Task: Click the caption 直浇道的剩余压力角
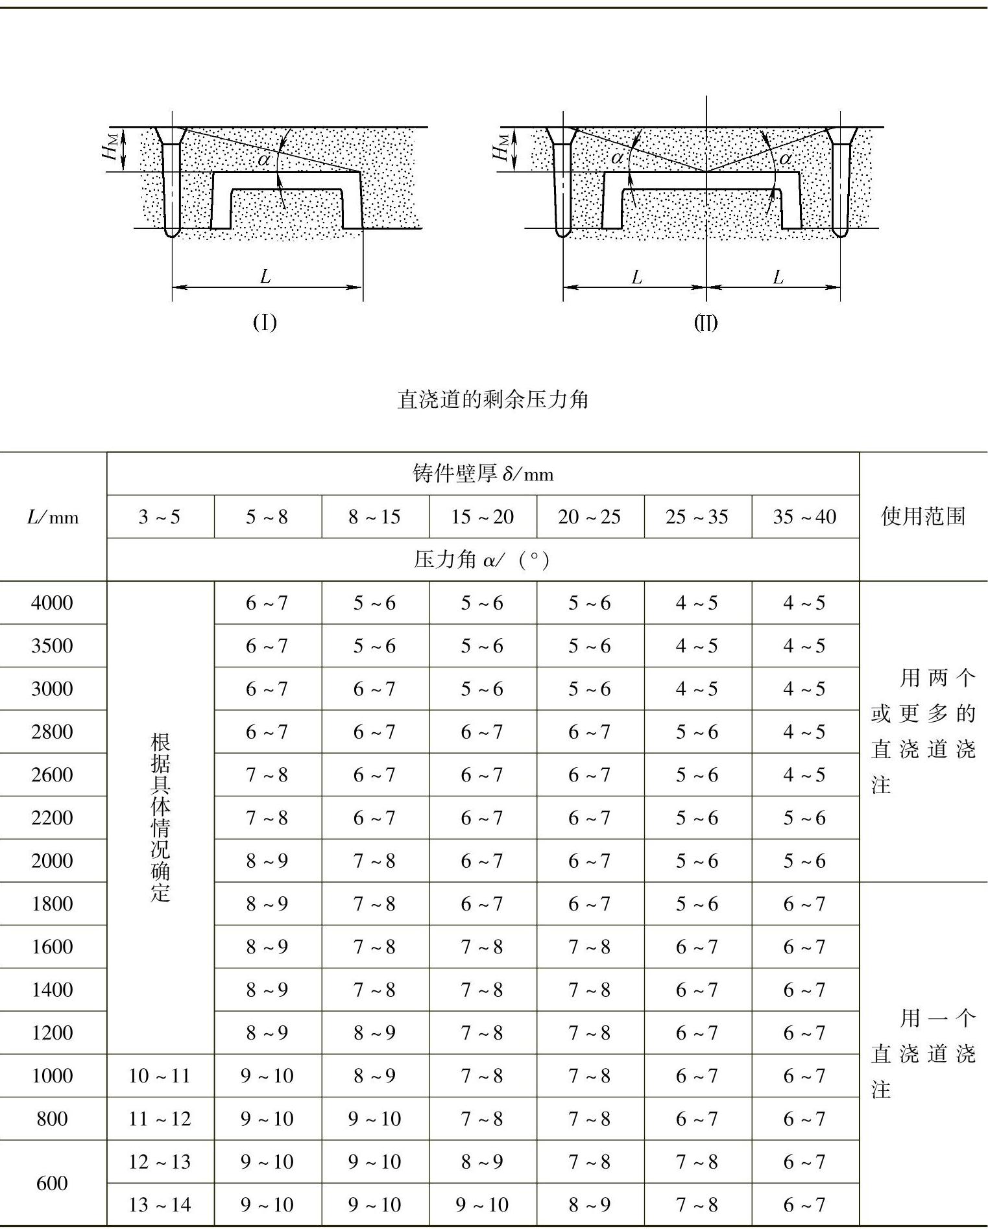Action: coord(493,399)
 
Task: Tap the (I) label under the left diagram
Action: coord(265,322)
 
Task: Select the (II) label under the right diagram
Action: coord(706,322)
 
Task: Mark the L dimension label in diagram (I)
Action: coord(265,278)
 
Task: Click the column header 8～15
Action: coord(374,517)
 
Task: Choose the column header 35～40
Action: coord(804,517)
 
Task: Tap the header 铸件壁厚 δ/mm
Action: coord(483,474)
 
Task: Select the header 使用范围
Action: coord(923,516)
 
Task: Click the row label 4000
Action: coord(52,603)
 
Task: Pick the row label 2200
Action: coord(52,817)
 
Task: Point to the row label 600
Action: coord(52,1183)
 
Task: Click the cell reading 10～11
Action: coord(160,1075)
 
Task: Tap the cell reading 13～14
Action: coord(160,1204)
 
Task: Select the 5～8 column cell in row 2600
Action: coord(267,774)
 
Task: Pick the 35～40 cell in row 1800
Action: coord(804,903)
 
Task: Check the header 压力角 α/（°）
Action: coord(483,560)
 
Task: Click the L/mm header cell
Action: coord(53,517)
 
